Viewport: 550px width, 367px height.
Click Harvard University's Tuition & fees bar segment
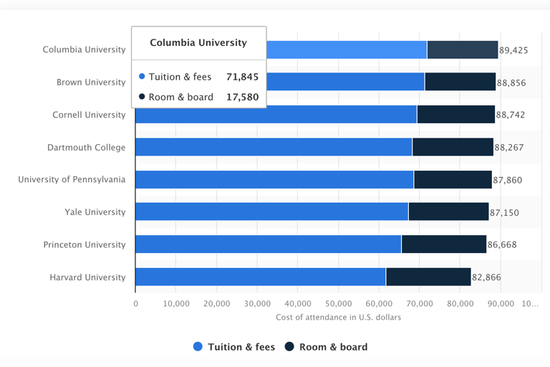(x=260, y=277)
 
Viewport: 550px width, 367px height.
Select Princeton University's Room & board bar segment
(x=443, y=244)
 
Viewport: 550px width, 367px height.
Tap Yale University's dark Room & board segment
(x=448, y=212)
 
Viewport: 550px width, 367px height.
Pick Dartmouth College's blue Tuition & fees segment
(x=274, y=147)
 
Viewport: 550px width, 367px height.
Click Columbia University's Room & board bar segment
(x=462, y=49)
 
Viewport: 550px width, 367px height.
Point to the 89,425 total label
(x=513, y=50)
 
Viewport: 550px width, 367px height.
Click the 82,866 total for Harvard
(x=487, y=277)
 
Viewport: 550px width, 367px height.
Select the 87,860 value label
(x=508, y=180)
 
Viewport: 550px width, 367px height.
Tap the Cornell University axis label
(x=89, y=115)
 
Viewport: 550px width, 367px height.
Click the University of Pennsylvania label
(x=72, y=179)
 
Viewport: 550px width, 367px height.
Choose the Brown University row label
(x=91, y=82)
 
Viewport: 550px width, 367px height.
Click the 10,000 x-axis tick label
(x=176, y=304)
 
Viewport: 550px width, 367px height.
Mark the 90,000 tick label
(x=501, y=304)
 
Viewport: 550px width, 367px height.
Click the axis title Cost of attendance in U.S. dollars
(x=338, y=317)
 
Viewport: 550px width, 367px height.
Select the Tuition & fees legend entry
(x=234, y=347)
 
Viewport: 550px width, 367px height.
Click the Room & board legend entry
(x=326, y=347)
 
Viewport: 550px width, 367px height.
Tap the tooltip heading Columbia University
(x=198, y=43)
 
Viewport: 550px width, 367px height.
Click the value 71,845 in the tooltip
(x=242, y=77)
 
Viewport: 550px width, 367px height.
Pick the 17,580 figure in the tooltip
(x=242, y=97)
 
